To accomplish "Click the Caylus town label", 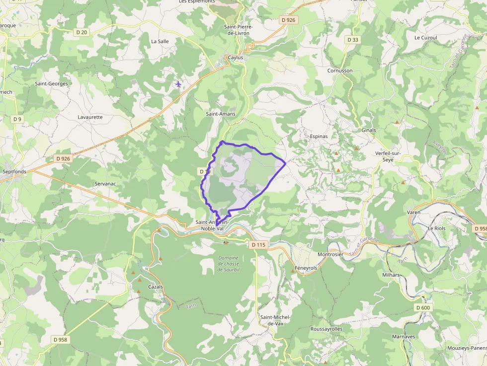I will coord(236,58).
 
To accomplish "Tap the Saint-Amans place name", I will coord(221,114).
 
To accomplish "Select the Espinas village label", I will coord(319,136).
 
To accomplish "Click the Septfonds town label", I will coord(14,172).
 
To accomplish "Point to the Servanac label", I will coord(105,184).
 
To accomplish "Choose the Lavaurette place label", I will coord(90,117).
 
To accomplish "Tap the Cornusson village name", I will coord(340,71).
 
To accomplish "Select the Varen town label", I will coord(413,213).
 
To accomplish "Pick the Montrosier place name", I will coord(330,254).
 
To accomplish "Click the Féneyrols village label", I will coord(306,268).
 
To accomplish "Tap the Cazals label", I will coord(156,287).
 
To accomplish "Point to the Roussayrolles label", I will coord(326,329).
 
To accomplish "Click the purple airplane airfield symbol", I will coord(178,84).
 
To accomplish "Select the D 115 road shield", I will coord(259,245).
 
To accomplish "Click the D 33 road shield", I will coord(352,40).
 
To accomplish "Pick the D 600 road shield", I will coord(423,308).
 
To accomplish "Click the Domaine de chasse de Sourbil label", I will coord(229,264).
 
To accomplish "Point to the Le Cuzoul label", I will coord(425,38).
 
